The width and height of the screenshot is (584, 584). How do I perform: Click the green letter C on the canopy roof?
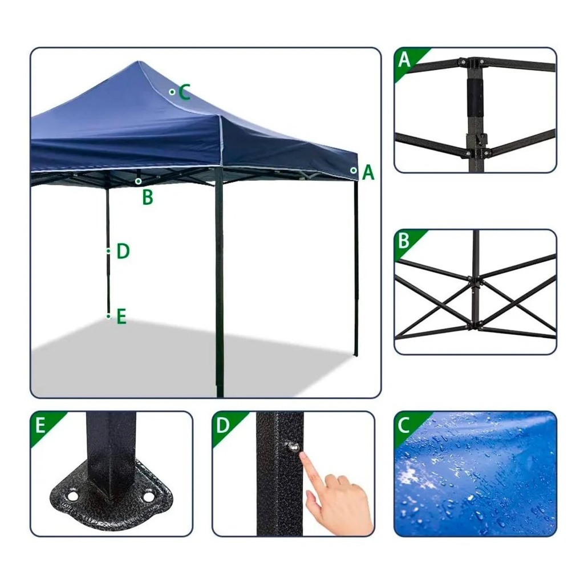tap(185, 92)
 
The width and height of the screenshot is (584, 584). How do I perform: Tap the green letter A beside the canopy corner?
tap(368, 173)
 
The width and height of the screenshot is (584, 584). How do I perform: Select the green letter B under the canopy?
tap(148, 197)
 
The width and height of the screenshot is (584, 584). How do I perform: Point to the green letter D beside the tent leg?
tap(123, 252)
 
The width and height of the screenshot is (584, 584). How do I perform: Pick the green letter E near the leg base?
tap(121, 317)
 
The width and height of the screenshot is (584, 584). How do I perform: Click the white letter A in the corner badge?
tap(404, 59)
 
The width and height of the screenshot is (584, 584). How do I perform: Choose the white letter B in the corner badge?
tap(404, 241)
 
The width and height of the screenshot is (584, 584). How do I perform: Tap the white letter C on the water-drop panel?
tap(404, 425)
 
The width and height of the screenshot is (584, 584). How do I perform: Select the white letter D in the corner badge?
tap(223, 425)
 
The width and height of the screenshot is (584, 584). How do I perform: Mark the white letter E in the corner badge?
tap(40, 425)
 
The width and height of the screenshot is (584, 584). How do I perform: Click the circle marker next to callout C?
tap(172, 92)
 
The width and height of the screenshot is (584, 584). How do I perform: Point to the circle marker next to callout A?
tap(353, 171)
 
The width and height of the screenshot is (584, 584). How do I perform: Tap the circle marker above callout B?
tap(138, 181)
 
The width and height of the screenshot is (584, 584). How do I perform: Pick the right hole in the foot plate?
tap(148, 497)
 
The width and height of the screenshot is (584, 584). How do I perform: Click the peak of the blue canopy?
tap(139, 62)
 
